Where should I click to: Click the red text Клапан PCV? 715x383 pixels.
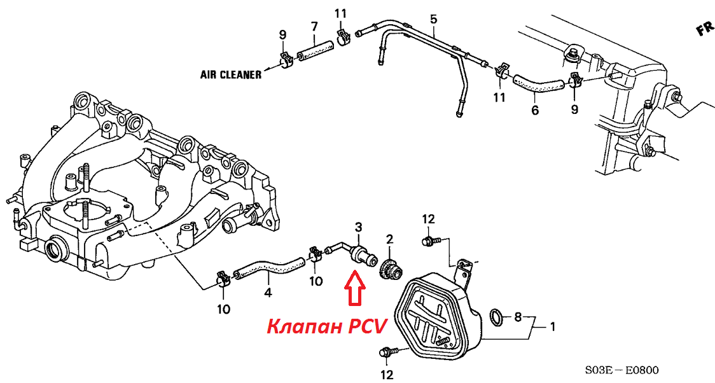(326, 326)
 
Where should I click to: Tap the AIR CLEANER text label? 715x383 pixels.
(231, 74)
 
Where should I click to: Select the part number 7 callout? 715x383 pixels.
(314, 26)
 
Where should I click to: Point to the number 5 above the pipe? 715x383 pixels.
(434, 19)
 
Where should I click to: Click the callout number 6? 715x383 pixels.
(535, 110)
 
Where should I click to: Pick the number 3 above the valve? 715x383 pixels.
(358, 227)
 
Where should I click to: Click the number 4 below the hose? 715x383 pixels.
(268, 293)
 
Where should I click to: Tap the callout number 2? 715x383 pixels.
(389, 239)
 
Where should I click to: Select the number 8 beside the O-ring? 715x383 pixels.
(518, 316)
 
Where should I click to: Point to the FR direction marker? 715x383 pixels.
(704, 30)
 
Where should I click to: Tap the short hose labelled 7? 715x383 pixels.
(315, 51)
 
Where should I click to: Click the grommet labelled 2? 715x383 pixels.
(390, 268)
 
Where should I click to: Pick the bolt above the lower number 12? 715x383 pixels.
(388, 351)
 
